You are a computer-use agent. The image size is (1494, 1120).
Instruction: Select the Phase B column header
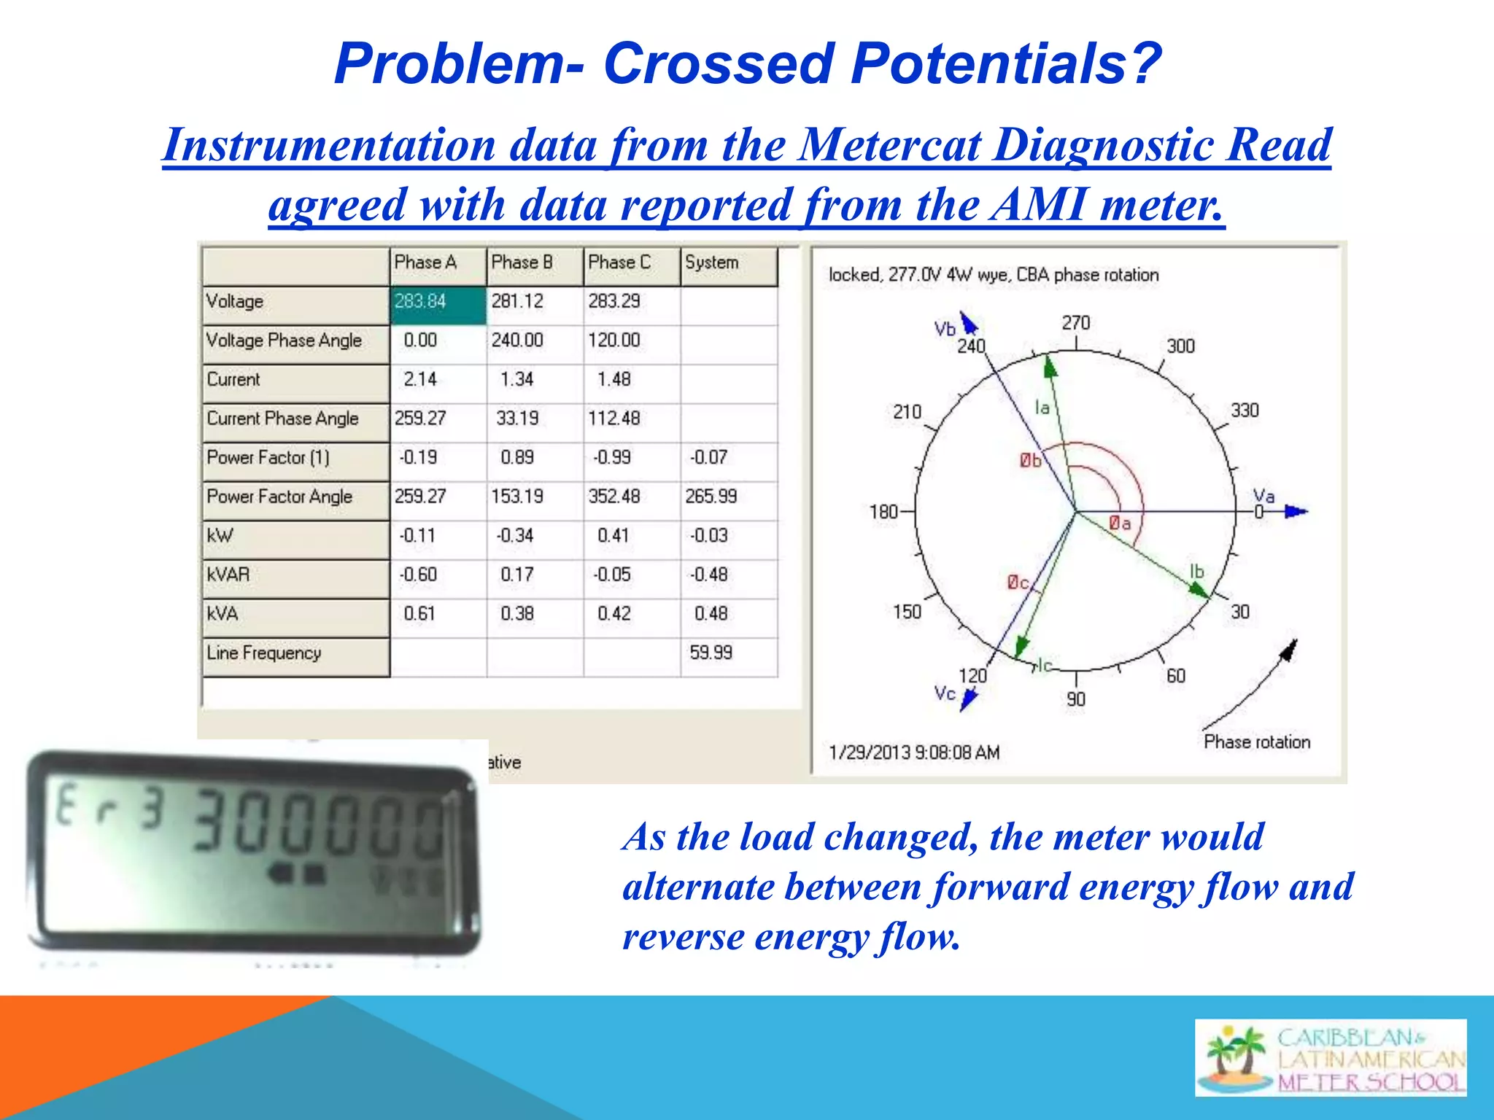pos(522,263)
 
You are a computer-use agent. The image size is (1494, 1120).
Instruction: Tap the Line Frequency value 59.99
pos(711,653)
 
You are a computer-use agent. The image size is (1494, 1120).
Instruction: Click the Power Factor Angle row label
pos(280,497)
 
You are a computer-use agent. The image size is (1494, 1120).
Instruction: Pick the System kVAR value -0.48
pos(708,575)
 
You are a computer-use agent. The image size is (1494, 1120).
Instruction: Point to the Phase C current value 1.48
pos(614,380)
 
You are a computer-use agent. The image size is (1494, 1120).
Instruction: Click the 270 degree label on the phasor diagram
pos(1075,323)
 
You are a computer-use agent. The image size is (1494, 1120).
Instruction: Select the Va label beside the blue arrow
pos(1263,497)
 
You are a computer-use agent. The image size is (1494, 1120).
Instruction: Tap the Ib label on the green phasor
pos(1196,572)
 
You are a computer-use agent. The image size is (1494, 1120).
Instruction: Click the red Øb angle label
pos(1030,461)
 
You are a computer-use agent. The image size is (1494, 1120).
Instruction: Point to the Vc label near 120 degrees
pos(945,693)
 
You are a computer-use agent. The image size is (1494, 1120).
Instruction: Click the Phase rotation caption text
pos(1256,742)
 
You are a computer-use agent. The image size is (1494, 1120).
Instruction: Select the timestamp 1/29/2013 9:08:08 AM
pos(913,752)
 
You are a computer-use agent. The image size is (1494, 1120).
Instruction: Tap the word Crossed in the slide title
pos(718,63)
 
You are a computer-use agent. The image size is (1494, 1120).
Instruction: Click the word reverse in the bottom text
pos(683,937)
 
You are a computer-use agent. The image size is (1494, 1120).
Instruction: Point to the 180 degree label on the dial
pos(883,512)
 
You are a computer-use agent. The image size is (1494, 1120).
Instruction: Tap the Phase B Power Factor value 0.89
pos(516,458)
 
